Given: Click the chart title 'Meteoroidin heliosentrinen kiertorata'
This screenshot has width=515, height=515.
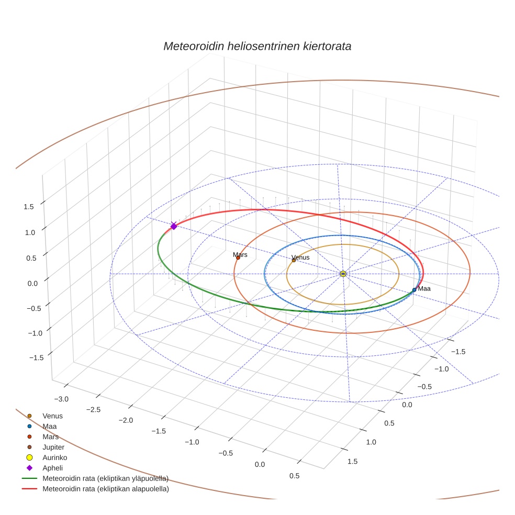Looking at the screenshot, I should coord(257,46).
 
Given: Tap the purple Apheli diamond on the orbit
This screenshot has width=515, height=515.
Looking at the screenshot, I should coord(174,226).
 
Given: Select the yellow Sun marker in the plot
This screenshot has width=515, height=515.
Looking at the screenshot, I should coord(343,274).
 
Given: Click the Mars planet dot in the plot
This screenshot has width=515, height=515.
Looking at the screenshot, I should coord(238,257).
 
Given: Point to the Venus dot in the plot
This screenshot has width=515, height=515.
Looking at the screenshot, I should coord(294,260).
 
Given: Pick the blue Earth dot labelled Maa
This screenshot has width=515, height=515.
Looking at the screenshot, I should coord(414,289).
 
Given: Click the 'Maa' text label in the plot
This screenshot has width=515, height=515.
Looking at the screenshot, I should coord(424,288).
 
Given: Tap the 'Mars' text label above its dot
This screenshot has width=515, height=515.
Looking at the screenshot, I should coord(240,254).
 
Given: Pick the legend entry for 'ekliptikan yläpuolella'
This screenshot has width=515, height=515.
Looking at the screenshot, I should coord(105,478).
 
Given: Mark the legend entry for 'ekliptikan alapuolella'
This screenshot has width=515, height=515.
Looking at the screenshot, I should coord(105,489).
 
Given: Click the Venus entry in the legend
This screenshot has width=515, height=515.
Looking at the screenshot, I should coord(52,416).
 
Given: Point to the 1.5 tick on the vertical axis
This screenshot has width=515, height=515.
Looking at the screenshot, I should coord(29,206).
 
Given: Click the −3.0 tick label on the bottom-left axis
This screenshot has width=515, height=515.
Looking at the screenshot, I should coord(61,399).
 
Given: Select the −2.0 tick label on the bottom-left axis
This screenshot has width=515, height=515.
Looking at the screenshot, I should coord(126,420).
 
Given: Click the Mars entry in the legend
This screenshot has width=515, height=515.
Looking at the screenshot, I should coord(50,436).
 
